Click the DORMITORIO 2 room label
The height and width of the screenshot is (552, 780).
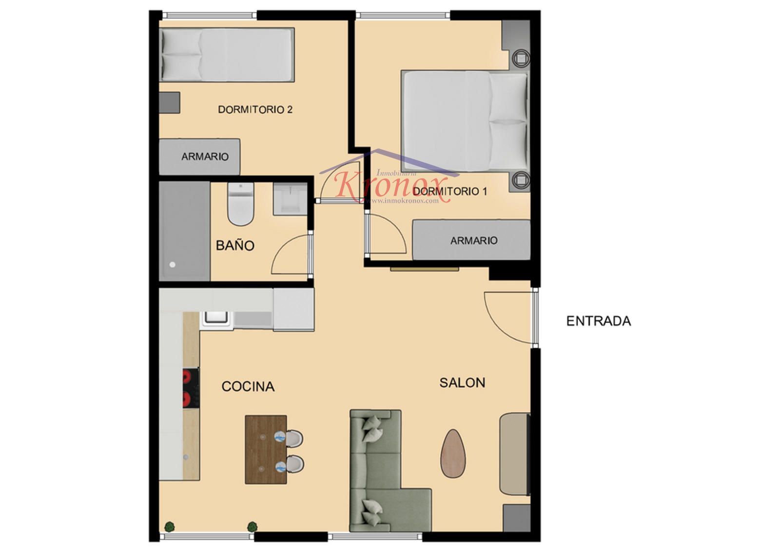pos(255,110)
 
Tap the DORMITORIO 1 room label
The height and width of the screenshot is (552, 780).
pos(450,191)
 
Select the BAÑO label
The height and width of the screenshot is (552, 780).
pos(235,246)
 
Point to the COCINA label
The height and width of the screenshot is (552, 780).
pos(248,386)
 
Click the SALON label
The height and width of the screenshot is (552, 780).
pos(462,383)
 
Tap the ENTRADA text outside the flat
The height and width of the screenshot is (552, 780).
pos(599,321)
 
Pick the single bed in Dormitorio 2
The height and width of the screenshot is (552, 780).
pos(227,55)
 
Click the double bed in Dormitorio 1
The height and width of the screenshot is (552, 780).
pos(465,120)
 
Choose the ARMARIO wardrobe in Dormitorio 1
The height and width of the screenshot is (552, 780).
pos(471,240)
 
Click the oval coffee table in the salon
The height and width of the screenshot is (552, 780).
pos(453,453)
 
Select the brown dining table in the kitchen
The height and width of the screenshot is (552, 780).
pos(266,449)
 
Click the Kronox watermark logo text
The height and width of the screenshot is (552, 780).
pos(390,187)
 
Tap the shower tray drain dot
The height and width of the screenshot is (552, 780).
pos(173,265)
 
